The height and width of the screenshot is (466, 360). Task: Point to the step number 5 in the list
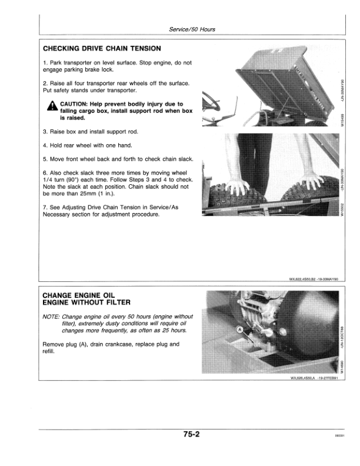45,159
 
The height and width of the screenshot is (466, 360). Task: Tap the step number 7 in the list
45,207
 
